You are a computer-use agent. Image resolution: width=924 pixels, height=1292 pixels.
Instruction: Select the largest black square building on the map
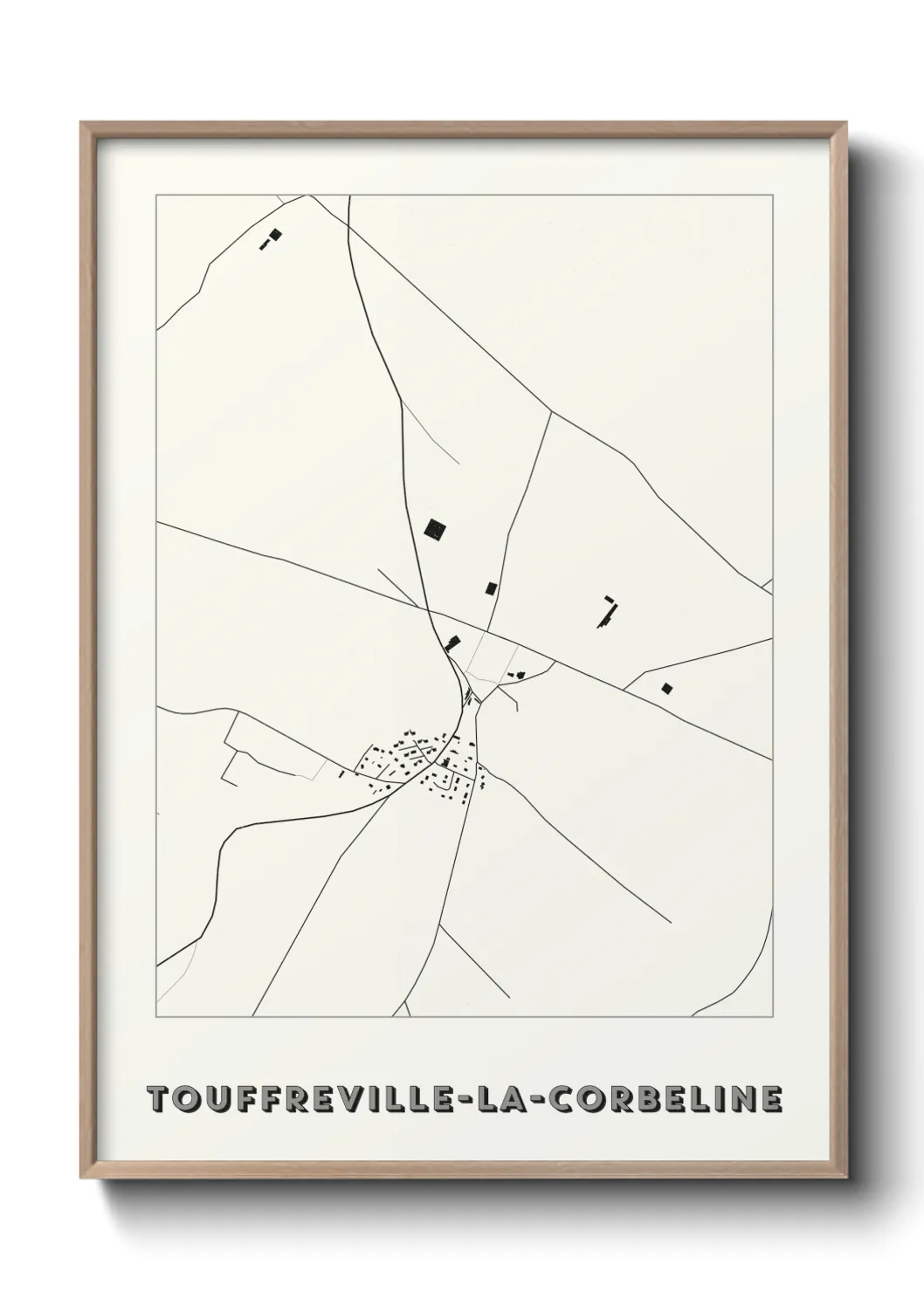pyautogui.click(x=434, y=528)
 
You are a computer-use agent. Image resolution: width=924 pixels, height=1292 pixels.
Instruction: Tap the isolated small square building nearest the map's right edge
pyautogui.click(x=668, y=689)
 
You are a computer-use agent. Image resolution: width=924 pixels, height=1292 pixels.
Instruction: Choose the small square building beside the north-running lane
pyautogui.click(x=490, y=588)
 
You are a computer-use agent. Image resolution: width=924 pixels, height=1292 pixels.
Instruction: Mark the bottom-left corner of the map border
pyautogui.click(x=156, y=1017)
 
